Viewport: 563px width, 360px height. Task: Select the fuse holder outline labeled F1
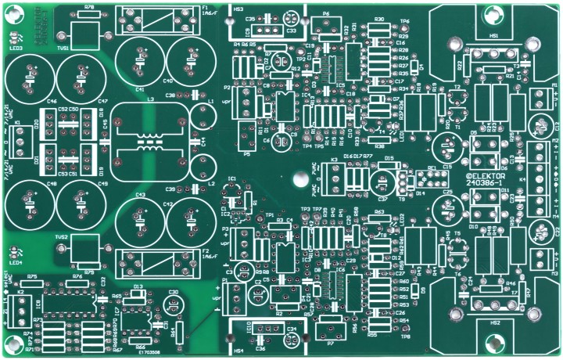coord(156,20)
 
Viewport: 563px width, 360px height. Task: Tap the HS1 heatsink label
coord(494,36)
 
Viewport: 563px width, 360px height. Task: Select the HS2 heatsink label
coord(494,322)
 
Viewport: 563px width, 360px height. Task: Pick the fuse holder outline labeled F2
coord(156,257)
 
